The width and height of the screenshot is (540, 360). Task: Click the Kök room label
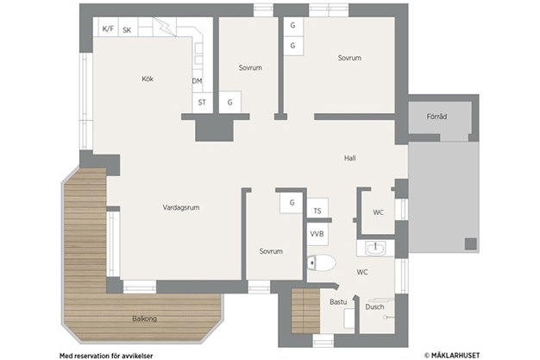click(x=148, y=79)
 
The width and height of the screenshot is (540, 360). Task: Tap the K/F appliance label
click(x=108, y=28)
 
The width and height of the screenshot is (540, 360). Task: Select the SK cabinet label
click(x=127, y=30)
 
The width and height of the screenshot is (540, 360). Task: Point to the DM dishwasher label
click(x=197, y=81)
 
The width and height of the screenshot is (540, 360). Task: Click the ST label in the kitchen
click(x=202, y=103)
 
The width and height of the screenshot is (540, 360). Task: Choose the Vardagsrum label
click(x=181, y=207)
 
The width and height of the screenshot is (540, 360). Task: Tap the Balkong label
click(x=145, y=319)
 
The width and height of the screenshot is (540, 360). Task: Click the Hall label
click(x=350, y=158)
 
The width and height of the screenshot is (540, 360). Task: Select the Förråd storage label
click(x=436, y=117)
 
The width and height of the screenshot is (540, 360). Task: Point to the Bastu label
click(x=338, y=302)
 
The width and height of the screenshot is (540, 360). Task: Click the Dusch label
click(x=374, y=306)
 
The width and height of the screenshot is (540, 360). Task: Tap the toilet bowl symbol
click(x=321, y=263)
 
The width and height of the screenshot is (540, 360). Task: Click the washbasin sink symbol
click(x=375, y=248)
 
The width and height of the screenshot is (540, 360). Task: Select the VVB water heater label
click(x=317, y=234)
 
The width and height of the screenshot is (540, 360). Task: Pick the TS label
click(x=317, y=211)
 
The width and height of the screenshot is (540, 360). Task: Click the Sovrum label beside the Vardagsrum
click(x=271, y=251)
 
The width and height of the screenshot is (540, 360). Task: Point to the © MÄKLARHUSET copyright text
click(x=452, y=355)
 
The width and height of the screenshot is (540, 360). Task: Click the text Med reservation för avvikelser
click(x=106, y=356)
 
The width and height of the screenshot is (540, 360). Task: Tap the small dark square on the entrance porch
click(x=471, y=243)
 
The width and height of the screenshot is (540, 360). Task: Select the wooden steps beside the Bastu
click(x=306, y=311)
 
